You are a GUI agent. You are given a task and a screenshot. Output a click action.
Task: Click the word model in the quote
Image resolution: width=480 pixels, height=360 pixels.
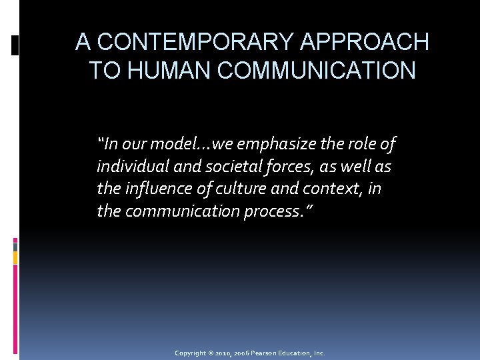[173, 143]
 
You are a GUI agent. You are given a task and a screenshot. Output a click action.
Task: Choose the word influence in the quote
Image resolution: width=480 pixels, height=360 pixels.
[157, 189]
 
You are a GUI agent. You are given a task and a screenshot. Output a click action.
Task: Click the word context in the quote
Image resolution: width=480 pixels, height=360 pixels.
[328, 189]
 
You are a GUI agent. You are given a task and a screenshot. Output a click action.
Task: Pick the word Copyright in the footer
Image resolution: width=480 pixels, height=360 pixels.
[191, 353]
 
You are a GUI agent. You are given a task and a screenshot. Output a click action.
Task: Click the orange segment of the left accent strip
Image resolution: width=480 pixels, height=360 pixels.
[15, 257]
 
